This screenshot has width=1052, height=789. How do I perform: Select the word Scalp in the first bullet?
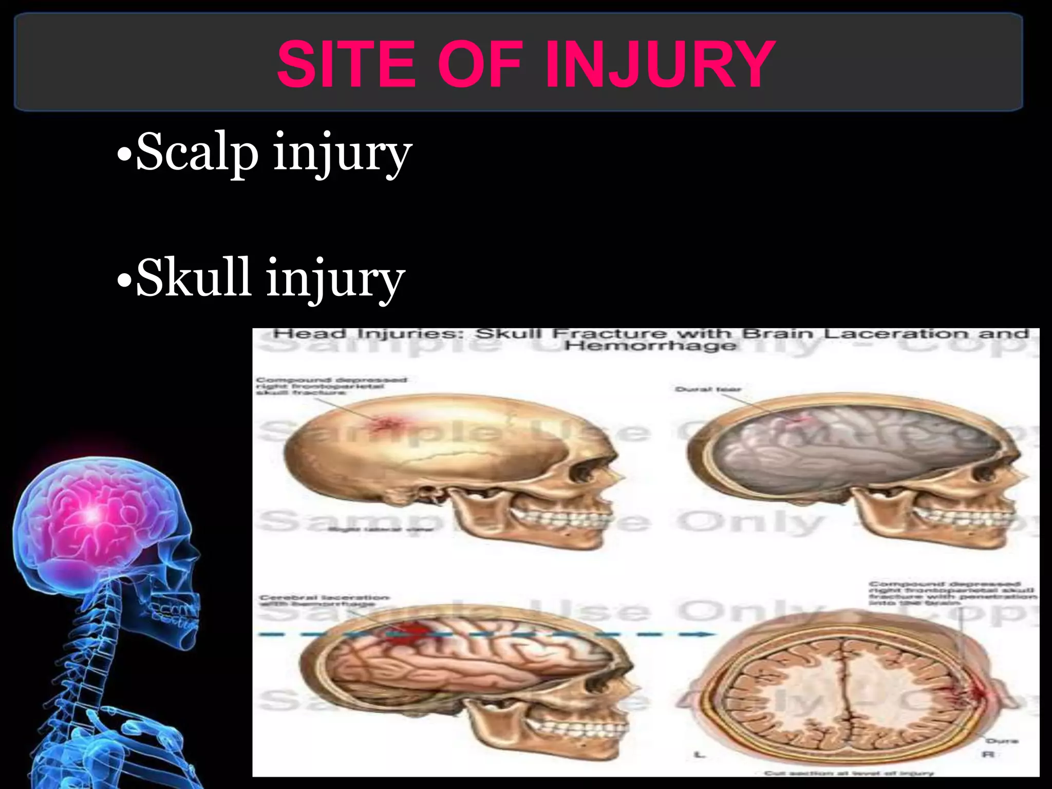(197, 153)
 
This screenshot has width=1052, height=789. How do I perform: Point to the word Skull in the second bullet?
(194, 278)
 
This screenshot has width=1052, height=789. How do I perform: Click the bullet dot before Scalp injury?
(123, 154)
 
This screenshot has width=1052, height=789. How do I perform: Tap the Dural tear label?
(708, 389)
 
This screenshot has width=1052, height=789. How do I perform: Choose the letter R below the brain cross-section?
(989, 755)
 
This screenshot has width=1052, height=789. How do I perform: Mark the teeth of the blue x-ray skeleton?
(177, 614)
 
